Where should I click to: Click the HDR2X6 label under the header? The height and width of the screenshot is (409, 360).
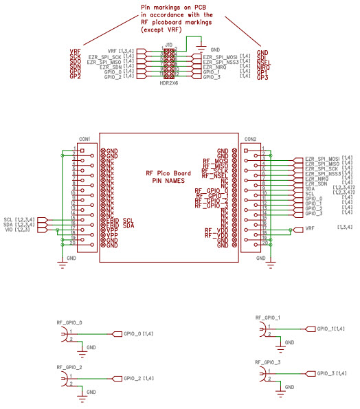click(168, 82)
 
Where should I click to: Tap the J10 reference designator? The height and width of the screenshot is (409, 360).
click(168, 43)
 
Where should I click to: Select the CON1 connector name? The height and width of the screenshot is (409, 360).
click(85, 138)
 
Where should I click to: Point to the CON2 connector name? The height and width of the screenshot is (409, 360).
click(251, 138)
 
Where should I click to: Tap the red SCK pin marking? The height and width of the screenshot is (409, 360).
click(76, 58)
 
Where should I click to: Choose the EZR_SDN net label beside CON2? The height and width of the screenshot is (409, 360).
click(317, 184)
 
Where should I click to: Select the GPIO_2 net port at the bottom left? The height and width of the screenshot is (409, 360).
click(133, 378)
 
